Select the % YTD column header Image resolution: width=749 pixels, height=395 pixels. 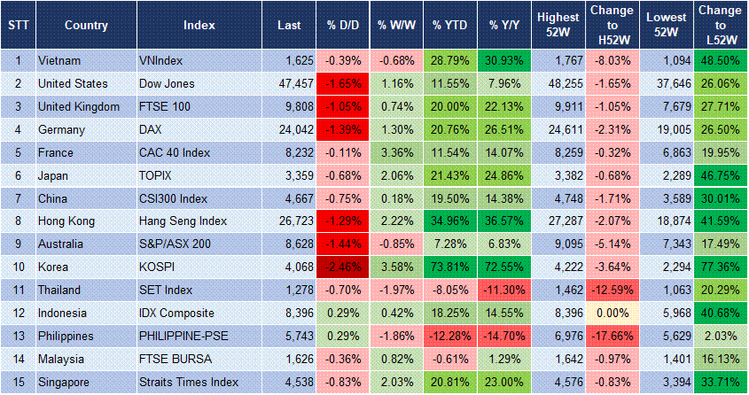pyautogui.click(x=449, y=24)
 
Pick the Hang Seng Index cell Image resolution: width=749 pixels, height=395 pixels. pyautogui.click(x=183, y=221)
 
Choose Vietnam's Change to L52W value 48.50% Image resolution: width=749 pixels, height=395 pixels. pyautogui.click(x=721, y=61)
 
